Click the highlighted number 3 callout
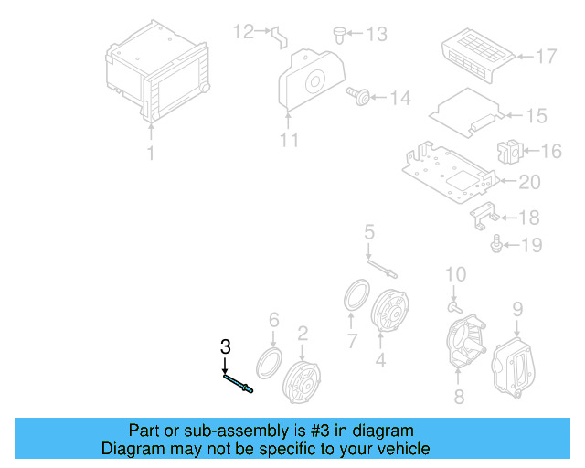[x=225, y=346]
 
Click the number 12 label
[x=242, y=32]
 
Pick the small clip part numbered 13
[x=340, y=35]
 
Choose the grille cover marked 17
[x=476, y=51]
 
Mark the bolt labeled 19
[x=496, y=244]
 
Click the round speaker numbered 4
[x=390, y=314]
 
